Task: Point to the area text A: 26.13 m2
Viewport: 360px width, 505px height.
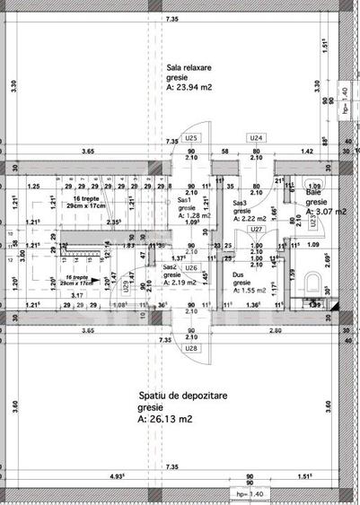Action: [x=166, y=419]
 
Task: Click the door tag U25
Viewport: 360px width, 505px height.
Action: [x=191, y=138]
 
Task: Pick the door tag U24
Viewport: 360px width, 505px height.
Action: [x=257, y=138]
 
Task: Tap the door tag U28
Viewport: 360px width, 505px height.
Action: [x=191, y=348]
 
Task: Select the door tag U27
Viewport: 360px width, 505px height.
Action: [x=256, y=229]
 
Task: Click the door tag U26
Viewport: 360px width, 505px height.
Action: [x=191, y=243]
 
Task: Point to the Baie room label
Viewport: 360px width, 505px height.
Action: [x=313, y=192]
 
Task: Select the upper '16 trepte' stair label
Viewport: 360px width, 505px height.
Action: [x=86, y=198]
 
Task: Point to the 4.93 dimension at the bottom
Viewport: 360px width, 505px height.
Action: [x=118, y=475]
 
